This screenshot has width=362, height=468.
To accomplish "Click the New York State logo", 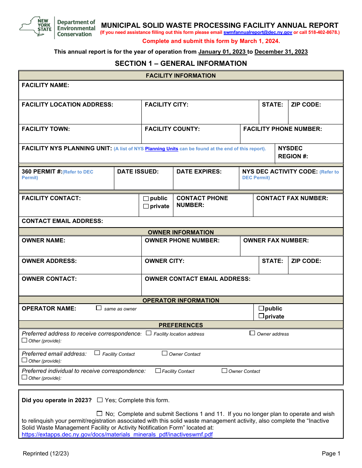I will (x=35, y=27).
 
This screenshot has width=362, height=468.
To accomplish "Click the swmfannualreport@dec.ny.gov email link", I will (x=258, y=33).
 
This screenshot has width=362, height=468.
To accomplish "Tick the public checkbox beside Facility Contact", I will (x=146, y=199).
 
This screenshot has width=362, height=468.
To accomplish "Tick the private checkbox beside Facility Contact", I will (x=146, y=207).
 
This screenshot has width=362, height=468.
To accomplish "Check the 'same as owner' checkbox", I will (x=99, y=308).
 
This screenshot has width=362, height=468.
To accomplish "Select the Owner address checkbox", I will (x=252, y=333).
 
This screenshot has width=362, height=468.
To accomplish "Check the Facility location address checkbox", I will (x=149, y=333).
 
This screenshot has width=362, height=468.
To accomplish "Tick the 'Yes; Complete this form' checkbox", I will (x=100, y=400).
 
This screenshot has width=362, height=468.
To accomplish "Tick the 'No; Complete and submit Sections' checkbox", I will (x=100, y=414).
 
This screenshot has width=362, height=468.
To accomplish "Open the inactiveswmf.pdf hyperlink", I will (x=117, y=435).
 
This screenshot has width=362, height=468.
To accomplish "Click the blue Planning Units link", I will (x=162, y=149).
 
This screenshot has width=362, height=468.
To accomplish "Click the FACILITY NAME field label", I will (x=45, y=85).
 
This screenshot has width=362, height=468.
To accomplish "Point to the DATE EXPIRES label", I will (x=199, y=172).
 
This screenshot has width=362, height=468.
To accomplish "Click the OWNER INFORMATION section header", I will (x=181, y=232).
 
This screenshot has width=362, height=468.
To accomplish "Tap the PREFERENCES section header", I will (x=181, y=325).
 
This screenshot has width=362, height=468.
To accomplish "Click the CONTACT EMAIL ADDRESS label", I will (x=62, y=221).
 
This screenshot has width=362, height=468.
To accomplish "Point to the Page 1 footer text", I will (x=331, y=454).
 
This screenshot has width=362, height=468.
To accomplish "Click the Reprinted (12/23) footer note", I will (x=46, y=454).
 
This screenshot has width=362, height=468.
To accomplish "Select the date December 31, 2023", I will (x=281, y=52).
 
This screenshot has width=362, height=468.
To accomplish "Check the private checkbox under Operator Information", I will (x=261, y=316).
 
